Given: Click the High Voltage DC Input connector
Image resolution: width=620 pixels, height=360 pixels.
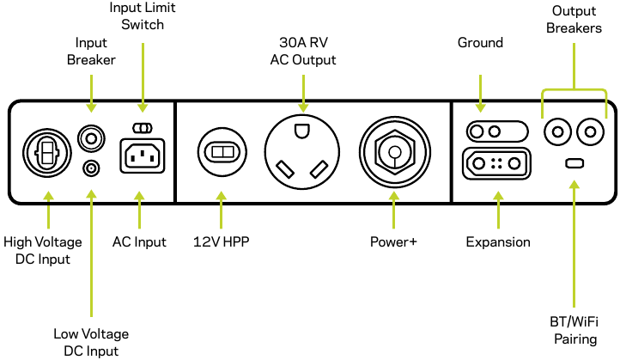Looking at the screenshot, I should pos(47,152).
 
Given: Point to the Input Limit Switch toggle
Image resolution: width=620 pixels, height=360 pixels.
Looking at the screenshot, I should pos(143,128).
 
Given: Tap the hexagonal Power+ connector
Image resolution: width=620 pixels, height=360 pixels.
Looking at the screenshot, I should pos(394,152).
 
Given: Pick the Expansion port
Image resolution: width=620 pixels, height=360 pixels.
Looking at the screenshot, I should pos(495,162).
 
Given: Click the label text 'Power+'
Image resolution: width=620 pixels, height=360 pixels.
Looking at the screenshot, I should pos(394,242).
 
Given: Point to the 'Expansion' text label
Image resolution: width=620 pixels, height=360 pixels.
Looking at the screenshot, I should pos(498,242).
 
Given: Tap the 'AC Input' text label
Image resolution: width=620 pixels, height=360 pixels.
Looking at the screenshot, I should pos(139,242).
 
